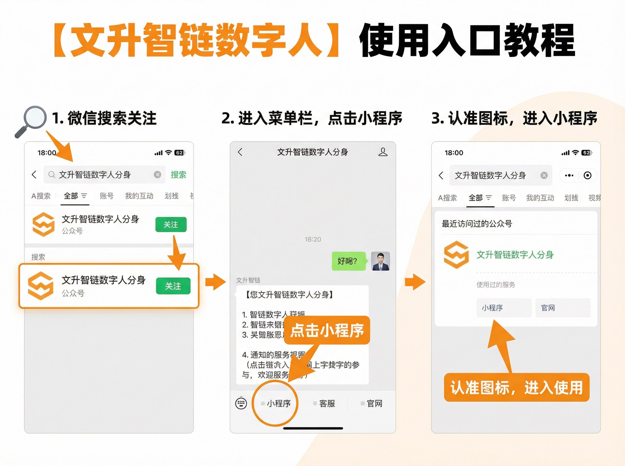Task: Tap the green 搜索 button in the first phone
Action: coord(178,174)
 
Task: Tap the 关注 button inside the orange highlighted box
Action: coord(173,286)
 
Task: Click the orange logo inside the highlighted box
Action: coord(41,286)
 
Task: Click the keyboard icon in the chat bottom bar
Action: coord(241,403)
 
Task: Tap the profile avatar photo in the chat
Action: coord(380,261)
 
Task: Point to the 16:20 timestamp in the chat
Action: coord(313,240)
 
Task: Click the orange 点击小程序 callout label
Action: coord(327,330)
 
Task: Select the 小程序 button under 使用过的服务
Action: coord(504,308)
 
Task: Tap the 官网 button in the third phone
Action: coord(562,308)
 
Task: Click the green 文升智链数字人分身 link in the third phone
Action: coord(515,255)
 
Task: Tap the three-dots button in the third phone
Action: coord(569,176)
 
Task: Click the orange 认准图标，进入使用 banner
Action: coord(517,387)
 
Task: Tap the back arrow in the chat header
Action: coord(240,152)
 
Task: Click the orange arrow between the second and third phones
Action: coord(415,282)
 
